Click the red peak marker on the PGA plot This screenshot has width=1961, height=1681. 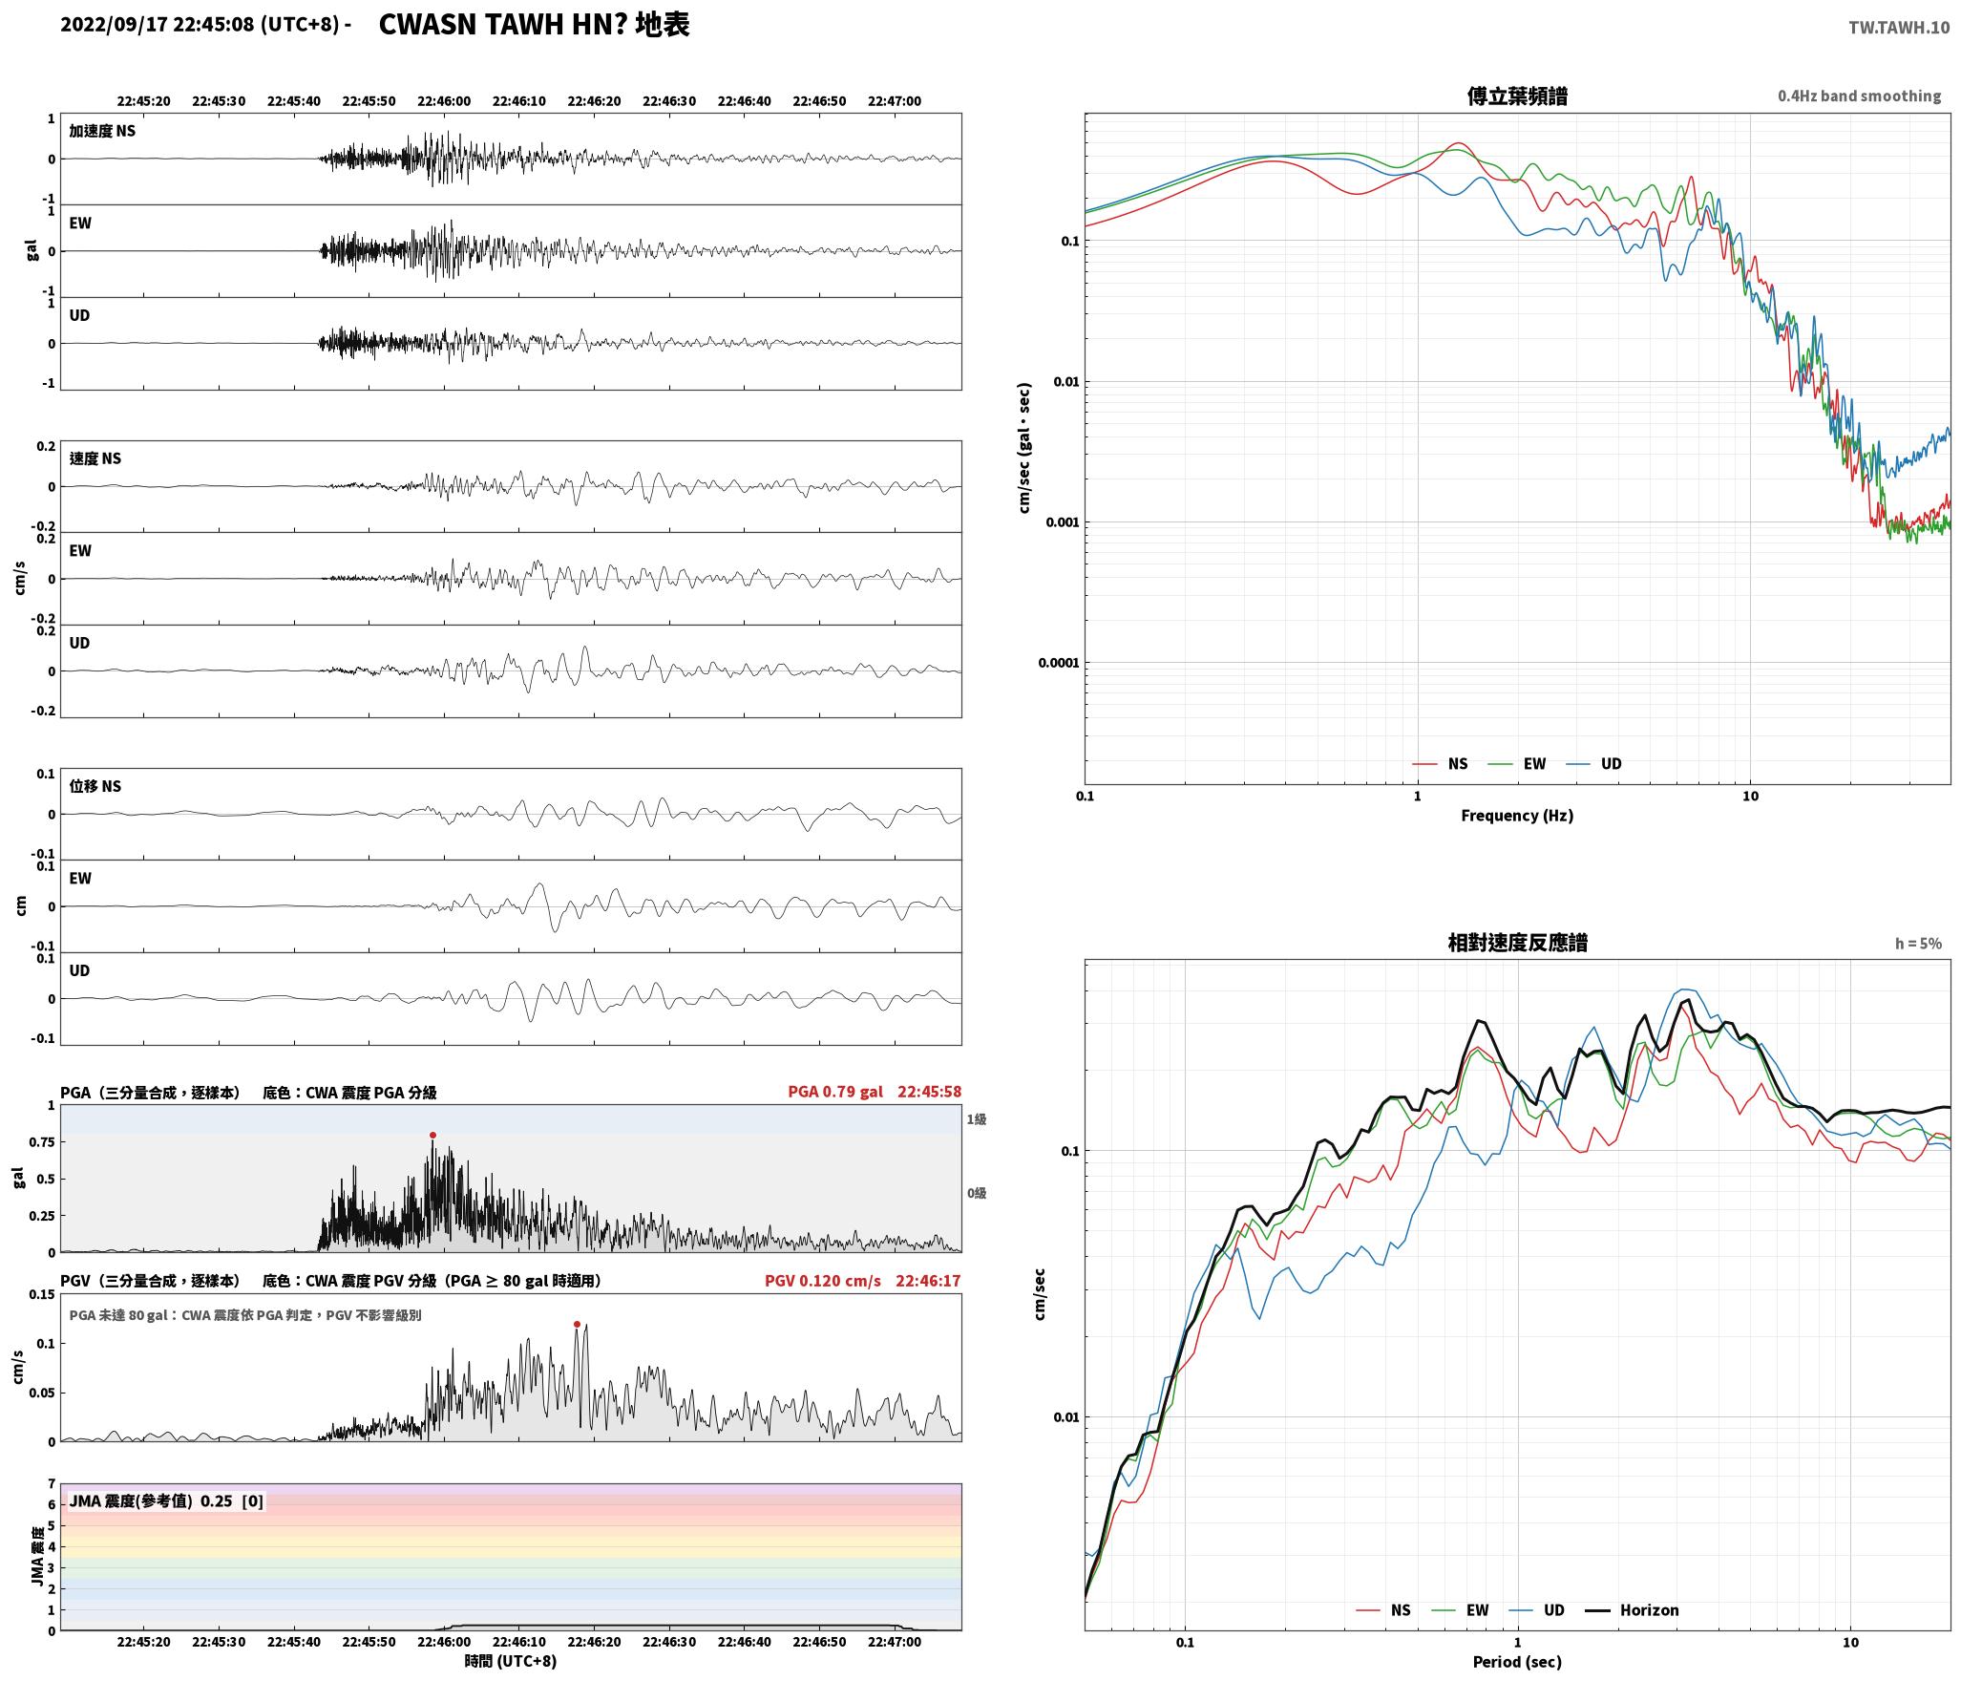point(432,1136)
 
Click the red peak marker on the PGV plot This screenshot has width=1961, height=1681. point(577,1325)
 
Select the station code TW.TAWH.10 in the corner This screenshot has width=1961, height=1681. point(1899,28)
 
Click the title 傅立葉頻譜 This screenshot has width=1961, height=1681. point(1517,96)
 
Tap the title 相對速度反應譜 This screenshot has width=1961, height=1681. point(1517,943)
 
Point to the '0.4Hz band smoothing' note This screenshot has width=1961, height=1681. point(1859,96)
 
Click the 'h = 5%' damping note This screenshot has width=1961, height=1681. point(1918,944)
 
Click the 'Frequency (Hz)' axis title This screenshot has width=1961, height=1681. point(1517,816)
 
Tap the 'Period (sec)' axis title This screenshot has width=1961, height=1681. point(1517,1662)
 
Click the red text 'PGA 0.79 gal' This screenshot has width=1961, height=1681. point(835,1092)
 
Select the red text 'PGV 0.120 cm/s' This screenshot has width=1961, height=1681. point(823,1281)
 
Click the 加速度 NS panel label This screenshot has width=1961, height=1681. point(102,131)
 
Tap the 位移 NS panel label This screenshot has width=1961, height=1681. point(95,786)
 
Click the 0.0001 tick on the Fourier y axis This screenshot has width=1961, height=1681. point(1059,663)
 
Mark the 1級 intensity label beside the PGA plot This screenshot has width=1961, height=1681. point(976,1119)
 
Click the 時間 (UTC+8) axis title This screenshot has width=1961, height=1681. point(511,1661)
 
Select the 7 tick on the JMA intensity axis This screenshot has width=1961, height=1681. point(52,1484)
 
